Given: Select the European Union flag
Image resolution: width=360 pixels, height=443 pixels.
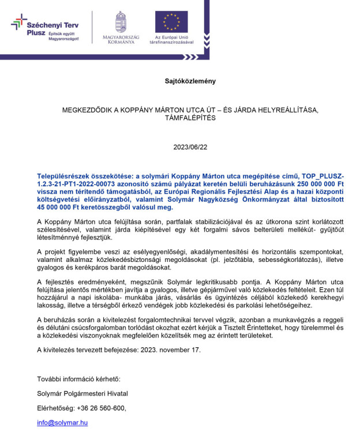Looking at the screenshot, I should [171, 21].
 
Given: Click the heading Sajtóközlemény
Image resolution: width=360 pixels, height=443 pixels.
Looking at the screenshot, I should [190, 81].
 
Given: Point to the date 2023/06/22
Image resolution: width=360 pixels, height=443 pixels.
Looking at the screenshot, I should [190, 147].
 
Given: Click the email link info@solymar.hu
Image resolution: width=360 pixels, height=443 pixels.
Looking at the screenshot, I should [62, 423].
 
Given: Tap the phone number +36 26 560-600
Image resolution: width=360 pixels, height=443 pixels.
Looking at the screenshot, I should [101, 408].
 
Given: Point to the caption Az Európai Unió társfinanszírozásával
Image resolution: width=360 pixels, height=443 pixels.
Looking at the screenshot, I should [171, 40].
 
